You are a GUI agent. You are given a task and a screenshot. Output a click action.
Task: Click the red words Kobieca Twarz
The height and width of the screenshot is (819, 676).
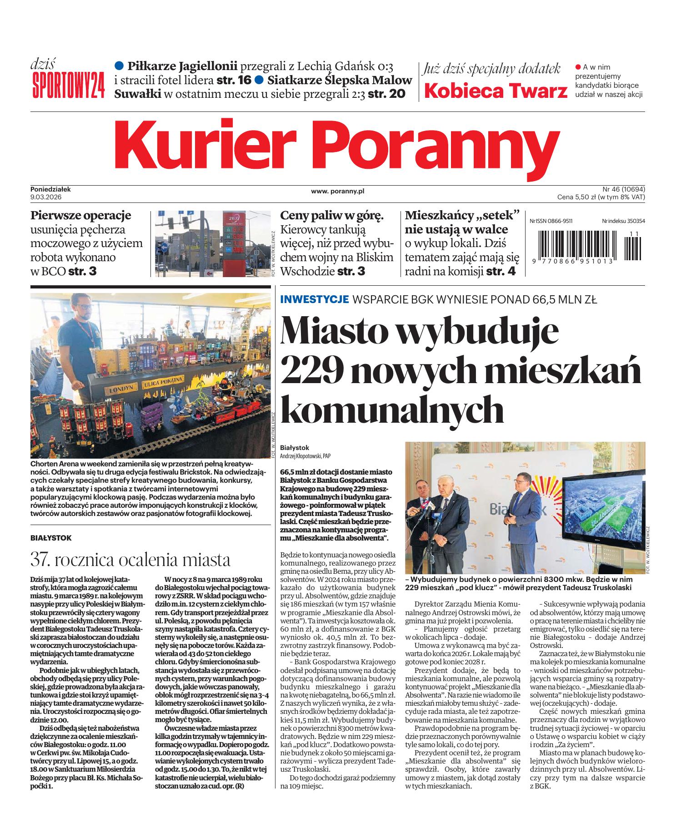click(x=496, y=91)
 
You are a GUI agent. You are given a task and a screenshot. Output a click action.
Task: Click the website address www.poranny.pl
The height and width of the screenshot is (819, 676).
click(x=338, y=192)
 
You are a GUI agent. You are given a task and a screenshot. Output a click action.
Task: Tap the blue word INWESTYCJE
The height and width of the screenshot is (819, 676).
click(x=315, y=299)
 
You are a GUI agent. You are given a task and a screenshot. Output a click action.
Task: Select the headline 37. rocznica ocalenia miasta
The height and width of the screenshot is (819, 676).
click(x=130, y=558)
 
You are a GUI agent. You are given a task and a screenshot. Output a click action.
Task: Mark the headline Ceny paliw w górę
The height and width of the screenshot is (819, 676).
click(x=332, y=215)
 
